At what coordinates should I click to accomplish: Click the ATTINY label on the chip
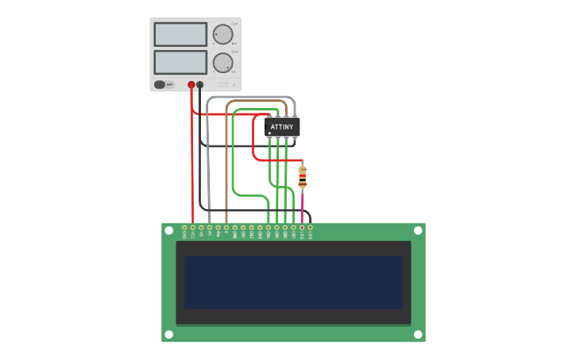point(282,127)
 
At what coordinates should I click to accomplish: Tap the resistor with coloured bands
point(302,177)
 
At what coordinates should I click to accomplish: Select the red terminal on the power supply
point(191,84)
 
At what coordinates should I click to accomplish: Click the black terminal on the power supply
point(200,84)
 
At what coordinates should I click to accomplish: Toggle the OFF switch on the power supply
point(164,84)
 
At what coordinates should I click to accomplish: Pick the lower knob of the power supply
point(223,63)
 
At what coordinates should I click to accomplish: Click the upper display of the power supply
point(180,34)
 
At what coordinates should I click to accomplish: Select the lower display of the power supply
point(180,62)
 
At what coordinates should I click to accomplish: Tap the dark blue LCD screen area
point(293,282)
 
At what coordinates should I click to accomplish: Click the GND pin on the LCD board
point(184,227)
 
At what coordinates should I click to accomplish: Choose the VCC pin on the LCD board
point(193,227)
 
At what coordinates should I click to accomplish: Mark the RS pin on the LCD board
point(210,227)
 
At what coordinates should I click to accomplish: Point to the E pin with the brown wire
point(226,227)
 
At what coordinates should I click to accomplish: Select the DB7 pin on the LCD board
point(293,227)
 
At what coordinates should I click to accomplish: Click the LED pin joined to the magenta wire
point(302,227)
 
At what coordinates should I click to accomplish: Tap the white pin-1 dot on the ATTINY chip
point(270,134)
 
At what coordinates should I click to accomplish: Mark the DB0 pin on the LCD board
point(234,227)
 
